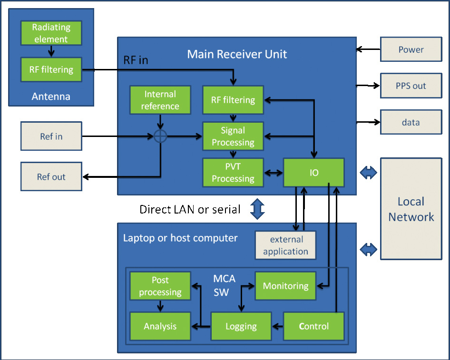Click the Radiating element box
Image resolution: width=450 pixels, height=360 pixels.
51,33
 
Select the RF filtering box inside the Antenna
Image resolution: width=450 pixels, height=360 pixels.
51,69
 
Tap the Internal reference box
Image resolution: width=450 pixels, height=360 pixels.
160,100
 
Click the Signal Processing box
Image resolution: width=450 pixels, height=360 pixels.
233,136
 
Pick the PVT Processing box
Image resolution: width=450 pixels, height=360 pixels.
233,172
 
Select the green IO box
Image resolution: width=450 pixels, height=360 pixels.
313,172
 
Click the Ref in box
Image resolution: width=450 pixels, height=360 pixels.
51,136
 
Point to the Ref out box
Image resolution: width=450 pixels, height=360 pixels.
51,177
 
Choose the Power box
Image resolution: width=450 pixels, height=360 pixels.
411,49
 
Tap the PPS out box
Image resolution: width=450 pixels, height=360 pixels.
411,86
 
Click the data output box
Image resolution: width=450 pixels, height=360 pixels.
411,122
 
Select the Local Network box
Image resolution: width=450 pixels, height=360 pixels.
411,209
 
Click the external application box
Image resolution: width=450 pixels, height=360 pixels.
285,245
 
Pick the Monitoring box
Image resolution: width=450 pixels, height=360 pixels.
285,286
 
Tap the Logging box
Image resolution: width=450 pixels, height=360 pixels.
241,326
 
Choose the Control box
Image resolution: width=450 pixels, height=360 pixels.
313,326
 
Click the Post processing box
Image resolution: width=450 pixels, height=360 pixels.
160,286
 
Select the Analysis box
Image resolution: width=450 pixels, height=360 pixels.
160,326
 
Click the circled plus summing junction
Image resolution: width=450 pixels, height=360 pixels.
160,136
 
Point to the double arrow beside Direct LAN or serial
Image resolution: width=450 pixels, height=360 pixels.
257,209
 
